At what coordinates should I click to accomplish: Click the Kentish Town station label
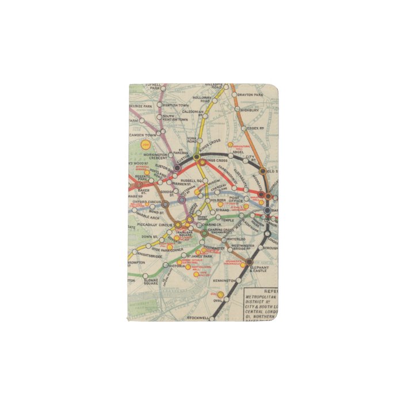(x=175, y=105)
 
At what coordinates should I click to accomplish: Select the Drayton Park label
(x=251, y=94)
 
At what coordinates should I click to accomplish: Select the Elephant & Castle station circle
(x=249, y=263)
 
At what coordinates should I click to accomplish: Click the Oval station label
(x=217, y=300)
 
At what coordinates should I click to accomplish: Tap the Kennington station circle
(x=238, y=280)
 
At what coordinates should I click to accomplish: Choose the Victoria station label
(x=177, y=266)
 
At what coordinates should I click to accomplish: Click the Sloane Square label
(x=151, y=281)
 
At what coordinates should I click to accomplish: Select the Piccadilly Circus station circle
(x=178, y=224)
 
